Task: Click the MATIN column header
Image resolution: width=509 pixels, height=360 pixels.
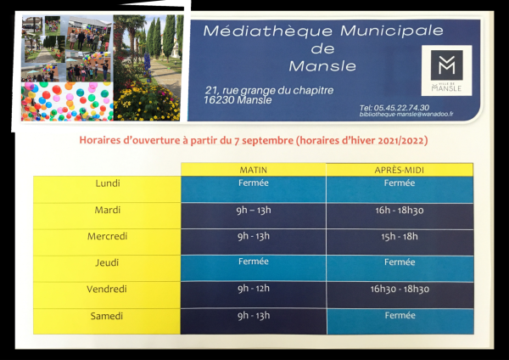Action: coord(253,170)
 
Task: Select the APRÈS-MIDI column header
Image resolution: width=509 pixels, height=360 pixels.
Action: coord(400,170)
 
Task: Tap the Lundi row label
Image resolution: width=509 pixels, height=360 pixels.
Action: coord(108,183)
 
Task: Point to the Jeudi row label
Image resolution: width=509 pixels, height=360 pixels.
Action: coord(107,262)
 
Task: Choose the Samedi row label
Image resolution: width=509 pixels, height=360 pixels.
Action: coord(107,316)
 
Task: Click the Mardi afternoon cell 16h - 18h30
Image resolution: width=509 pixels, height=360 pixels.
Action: coord(400,216)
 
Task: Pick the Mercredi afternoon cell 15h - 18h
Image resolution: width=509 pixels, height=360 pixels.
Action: coord(400,242)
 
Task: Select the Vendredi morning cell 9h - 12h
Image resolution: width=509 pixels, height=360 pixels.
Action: coord(253,295)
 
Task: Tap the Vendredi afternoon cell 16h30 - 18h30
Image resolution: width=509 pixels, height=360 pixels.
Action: coord(400,295)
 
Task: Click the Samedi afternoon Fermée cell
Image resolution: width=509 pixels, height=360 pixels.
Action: coord(400,321)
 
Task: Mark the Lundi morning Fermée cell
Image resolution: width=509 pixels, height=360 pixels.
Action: coord(253,189)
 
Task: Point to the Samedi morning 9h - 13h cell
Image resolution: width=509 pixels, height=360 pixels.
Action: coord(253,321)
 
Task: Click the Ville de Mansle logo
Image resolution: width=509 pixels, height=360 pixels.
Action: coord(446,70)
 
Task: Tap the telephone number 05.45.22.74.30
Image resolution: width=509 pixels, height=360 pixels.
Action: coord(401,108)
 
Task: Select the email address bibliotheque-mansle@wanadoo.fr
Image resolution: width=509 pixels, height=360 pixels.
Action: coord(406,115)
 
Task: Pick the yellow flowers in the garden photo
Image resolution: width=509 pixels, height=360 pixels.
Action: coord(146,103)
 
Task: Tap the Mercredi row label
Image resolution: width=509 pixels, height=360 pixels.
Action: coord(107,236)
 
